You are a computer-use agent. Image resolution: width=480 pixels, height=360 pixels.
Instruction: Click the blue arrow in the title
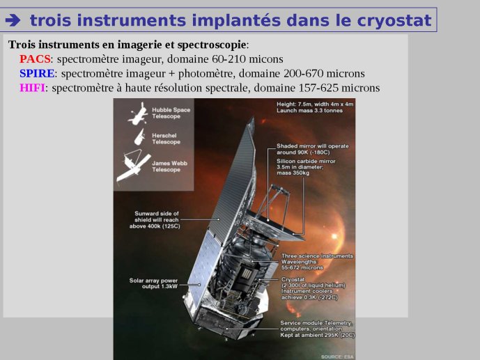click(x=13, y=20)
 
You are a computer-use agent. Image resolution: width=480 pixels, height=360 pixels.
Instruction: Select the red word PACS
click(x=35, y=59)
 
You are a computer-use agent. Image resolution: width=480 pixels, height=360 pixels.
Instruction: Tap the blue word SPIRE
click(x=37, y=73)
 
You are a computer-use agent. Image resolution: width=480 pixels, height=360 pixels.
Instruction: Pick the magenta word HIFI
click(x=32, y=88)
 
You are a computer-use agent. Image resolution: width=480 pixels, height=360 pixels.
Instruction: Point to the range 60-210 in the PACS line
click(x=229, y=59)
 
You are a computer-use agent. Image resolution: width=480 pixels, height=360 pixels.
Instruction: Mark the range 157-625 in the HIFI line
click(x=318, y=88)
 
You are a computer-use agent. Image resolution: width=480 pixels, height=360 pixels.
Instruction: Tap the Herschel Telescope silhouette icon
click(x=139, y=137)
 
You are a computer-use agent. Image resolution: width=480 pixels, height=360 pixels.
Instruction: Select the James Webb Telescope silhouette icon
click(x=134, y=166)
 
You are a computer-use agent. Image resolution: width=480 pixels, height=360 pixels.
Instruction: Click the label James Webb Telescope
click(x=169, y=166)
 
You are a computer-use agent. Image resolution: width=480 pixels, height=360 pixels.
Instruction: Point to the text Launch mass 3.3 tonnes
click(x=309, y=111)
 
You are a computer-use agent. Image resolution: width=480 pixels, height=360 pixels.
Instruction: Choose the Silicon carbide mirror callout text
click(x=306, y=167)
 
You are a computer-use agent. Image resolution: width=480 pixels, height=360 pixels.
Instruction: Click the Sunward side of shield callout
click(x=155, y=219)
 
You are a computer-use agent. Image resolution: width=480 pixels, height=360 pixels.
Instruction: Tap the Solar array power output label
click(x=153, y=283)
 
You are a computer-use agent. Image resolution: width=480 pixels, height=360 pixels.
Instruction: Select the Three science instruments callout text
click(x=317, y=262)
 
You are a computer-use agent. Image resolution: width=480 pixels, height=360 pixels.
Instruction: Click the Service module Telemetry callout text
click(x=318, y=329)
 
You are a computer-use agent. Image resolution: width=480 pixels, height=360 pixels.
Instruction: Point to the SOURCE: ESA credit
click(x=337, y=357)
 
